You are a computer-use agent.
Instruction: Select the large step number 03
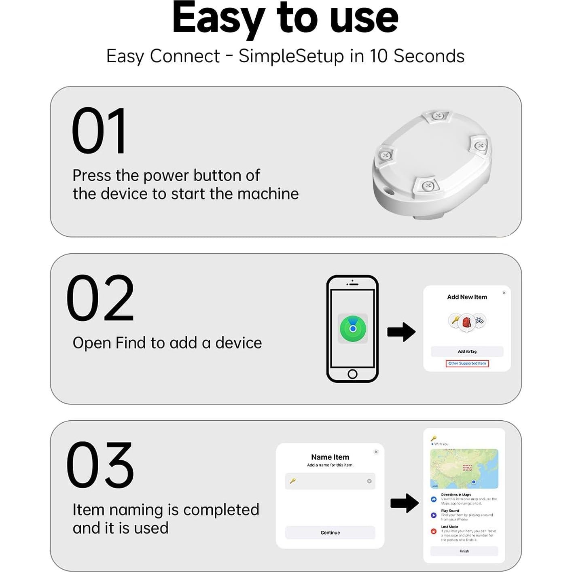[x=100, y=465]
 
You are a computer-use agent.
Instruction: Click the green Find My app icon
[x=353, y=328]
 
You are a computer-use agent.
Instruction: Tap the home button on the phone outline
[x=352, y=374]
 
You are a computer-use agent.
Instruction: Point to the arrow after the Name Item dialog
[x=404, y=503]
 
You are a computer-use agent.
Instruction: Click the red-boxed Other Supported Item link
[x=467, y=363]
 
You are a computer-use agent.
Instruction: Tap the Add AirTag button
[x=467, y=352]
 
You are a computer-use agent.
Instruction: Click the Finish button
[x=464, y=551]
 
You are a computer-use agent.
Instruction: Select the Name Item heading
[x=330, y=457]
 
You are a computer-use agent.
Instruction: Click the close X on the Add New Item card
[x=504, y=292]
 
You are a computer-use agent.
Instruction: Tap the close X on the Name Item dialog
[x=376, y=452]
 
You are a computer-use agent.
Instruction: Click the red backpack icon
[x=467, y=322]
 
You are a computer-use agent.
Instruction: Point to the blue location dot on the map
[x=474, y=482]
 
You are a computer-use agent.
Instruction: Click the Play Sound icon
[x=434, y=515]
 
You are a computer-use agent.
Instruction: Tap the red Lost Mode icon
[x=434, y=531]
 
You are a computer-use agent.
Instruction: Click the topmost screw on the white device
[x=437, y=116]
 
